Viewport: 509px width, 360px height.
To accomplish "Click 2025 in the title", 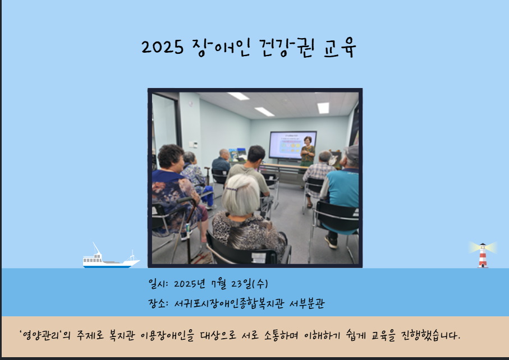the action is pos(162,47).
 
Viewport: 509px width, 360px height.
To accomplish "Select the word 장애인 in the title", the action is pos(221,48).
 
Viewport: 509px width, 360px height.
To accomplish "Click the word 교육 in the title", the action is pos(340,48).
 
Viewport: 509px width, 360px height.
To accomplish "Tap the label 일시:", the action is pos(158,284).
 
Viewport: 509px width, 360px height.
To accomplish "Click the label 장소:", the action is pos(158,303).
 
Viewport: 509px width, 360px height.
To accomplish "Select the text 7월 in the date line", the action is pos(218,284).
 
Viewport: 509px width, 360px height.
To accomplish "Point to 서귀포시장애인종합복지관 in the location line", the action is pos(229,303).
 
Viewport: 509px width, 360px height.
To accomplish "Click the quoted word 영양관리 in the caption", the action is pos(40,335).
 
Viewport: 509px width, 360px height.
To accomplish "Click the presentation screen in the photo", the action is pos(293,145).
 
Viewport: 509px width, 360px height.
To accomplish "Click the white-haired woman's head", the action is pos(241,195).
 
